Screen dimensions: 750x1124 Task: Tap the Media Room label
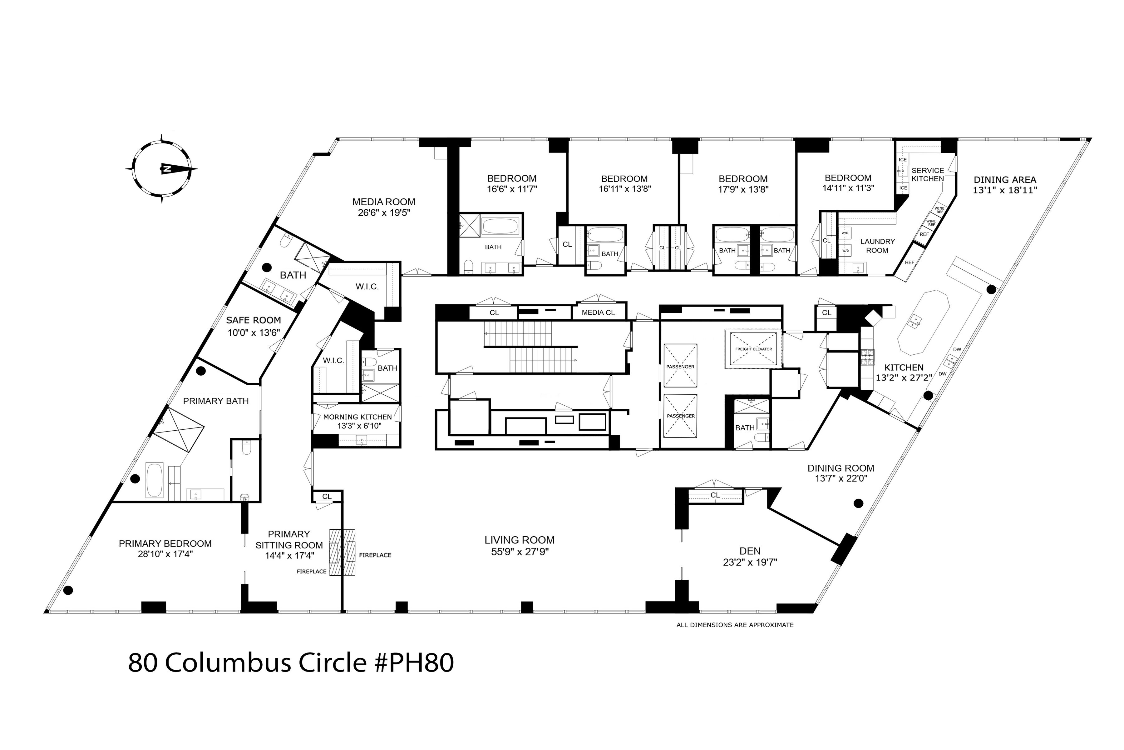click(383, 202)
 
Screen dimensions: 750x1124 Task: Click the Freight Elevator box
click(753, 349)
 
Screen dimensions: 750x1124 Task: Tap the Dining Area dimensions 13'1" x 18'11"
click(1004, 190)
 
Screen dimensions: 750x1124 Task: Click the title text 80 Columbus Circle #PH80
click(291, 663)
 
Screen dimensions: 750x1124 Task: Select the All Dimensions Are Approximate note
click(735, 625)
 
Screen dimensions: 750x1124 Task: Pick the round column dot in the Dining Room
click(858, 503)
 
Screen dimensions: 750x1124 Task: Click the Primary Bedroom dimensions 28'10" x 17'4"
click(165, 554)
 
